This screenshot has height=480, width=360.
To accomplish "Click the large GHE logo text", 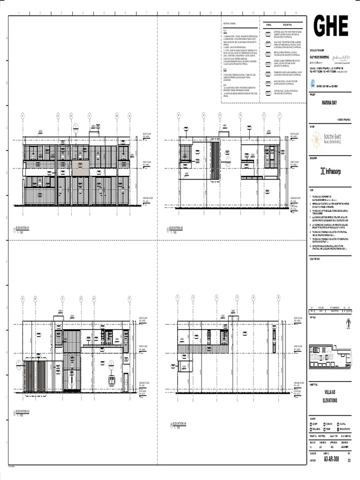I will pyautogui.click(x=331, y=27).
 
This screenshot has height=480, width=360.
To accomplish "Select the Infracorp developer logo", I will pyautogui.click(x=330, y=172).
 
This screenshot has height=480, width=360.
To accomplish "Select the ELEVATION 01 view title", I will pyautogui.click(x=22, y=228).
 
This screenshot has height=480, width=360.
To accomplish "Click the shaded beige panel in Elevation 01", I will pyautogui.click(x=80, y=168).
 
